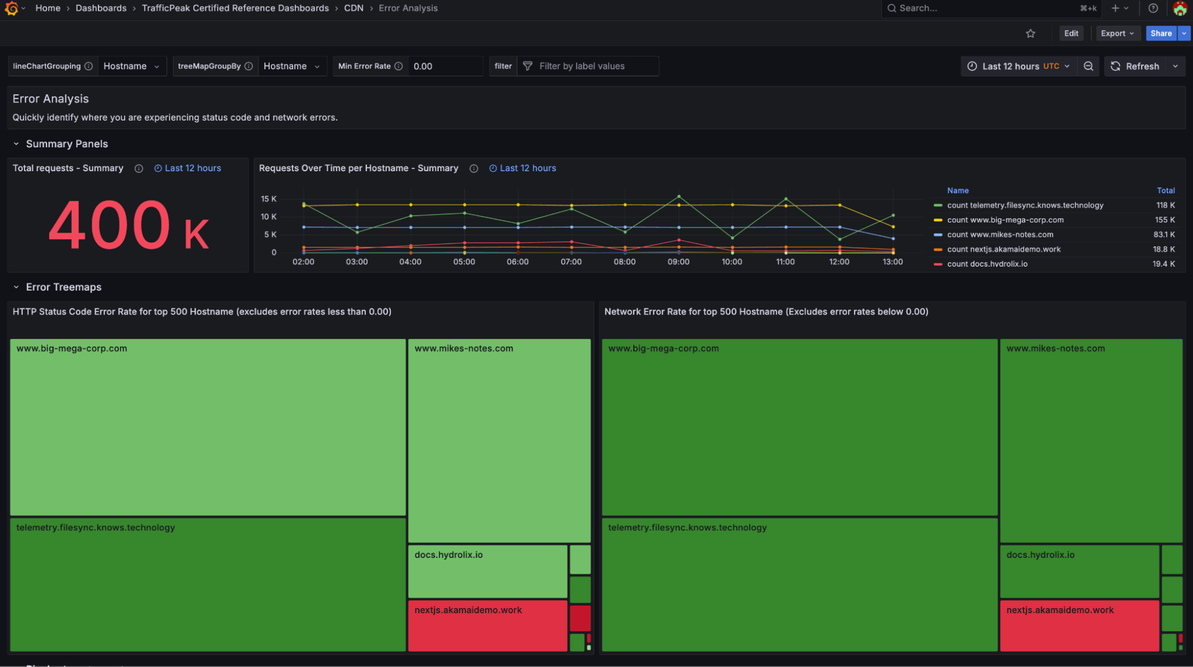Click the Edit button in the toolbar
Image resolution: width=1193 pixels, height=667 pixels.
click(1071, 33)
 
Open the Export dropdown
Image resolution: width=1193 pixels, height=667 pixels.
click(1117, 33)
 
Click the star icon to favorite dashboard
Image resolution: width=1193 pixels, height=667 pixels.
click(1030, 33)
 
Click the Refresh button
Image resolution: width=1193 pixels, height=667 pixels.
click(1135, 66)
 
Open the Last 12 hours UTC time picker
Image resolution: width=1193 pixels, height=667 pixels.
click(1019, 66)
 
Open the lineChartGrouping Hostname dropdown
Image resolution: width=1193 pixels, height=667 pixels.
click(131, 66)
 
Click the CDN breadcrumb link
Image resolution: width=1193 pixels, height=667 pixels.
click(353, 8)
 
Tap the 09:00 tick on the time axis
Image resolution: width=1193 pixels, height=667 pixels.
click(678, 262)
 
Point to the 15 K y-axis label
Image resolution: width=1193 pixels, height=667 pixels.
click(269, 199)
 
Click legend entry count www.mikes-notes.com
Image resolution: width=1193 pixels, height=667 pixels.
click(1000, 234)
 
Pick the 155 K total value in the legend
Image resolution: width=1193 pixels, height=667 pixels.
click(1164, 220)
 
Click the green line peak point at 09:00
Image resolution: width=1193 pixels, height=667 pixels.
click(679, 196)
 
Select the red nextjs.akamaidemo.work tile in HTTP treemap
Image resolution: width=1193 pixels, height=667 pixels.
click(487, 625)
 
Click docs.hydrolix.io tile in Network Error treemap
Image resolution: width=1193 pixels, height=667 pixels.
click(1079, 571)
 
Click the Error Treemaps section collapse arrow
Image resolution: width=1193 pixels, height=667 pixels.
click(16, 287)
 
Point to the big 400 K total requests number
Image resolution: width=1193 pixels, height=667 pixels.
click(128, 226)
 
